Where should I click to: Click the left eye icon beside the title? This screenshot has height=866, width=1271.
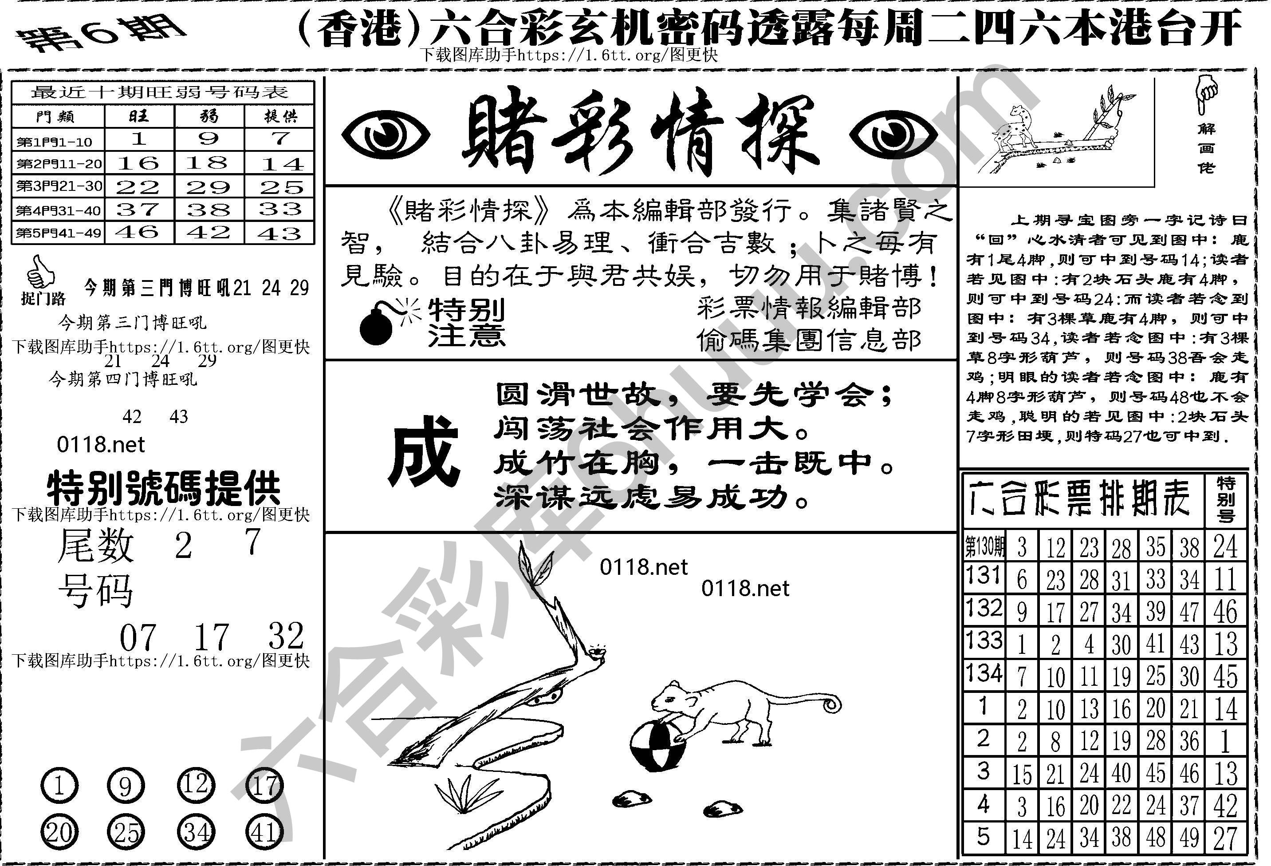(385, 134)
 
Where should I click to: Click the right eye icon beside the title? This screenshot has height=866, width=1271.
(893, 134)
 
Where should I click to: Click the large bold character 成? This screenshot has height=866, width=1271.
(423, 451)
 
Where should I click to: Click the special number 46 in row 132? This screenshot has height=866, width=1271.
(1225, 612)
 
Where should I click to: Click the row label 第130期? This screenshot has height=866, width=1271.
(984, 546)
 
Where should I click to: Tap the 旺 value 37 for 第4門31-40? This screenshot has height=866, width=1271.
(138, 210)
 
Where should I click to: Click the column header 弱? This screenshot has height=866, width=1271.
(209, 116)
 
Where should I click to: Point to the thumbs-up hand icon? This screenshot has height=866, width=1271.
(40, 272)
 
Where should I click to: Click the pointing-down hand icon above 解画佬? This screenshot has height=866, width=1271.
(1205, 95)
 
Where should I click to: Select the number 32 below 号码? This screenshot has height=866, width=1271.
(286, 636)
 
